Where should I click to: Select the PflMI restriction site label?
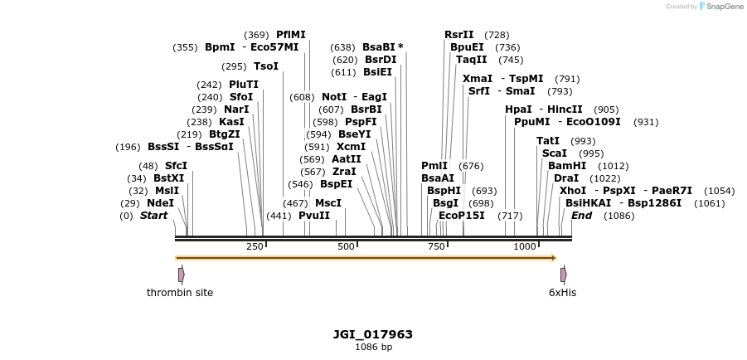click(x=290, y=35)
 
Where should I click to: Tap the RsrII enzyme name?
click(x=458, y=35)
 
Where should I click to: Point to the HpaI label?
click(x=518, y=109)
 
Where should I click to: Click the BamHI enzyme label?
click(x=566, y=166)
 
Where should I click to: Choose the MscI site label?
click(x=328, y=203)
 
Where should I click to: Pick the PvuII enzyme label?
click(x=314, y=216)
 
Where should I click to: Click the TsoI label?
click(x=266, y=66)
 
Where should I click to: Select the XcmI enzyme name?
click(x=351, y=147)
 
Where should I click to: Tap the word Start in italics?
click(x=153, y=216)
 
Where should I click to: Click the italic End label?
click(x=581, y=216)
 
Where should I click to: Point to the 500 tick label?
click(x=346, y=246)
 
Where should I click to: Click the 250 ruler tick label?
click(x=255, y=246)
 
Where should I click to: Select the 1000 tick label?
click(x=525, y=246)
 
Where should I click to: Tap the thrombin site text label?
click(x=180, y=293)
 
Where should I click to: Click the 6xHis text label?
click(x=562, y=293)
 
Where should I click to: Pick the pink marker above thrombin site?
click(x=181, y=274)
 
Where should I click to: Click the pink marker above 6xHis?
click(x=563, y=274)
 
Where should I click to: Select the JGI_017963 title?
click(x=373, y=334)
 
